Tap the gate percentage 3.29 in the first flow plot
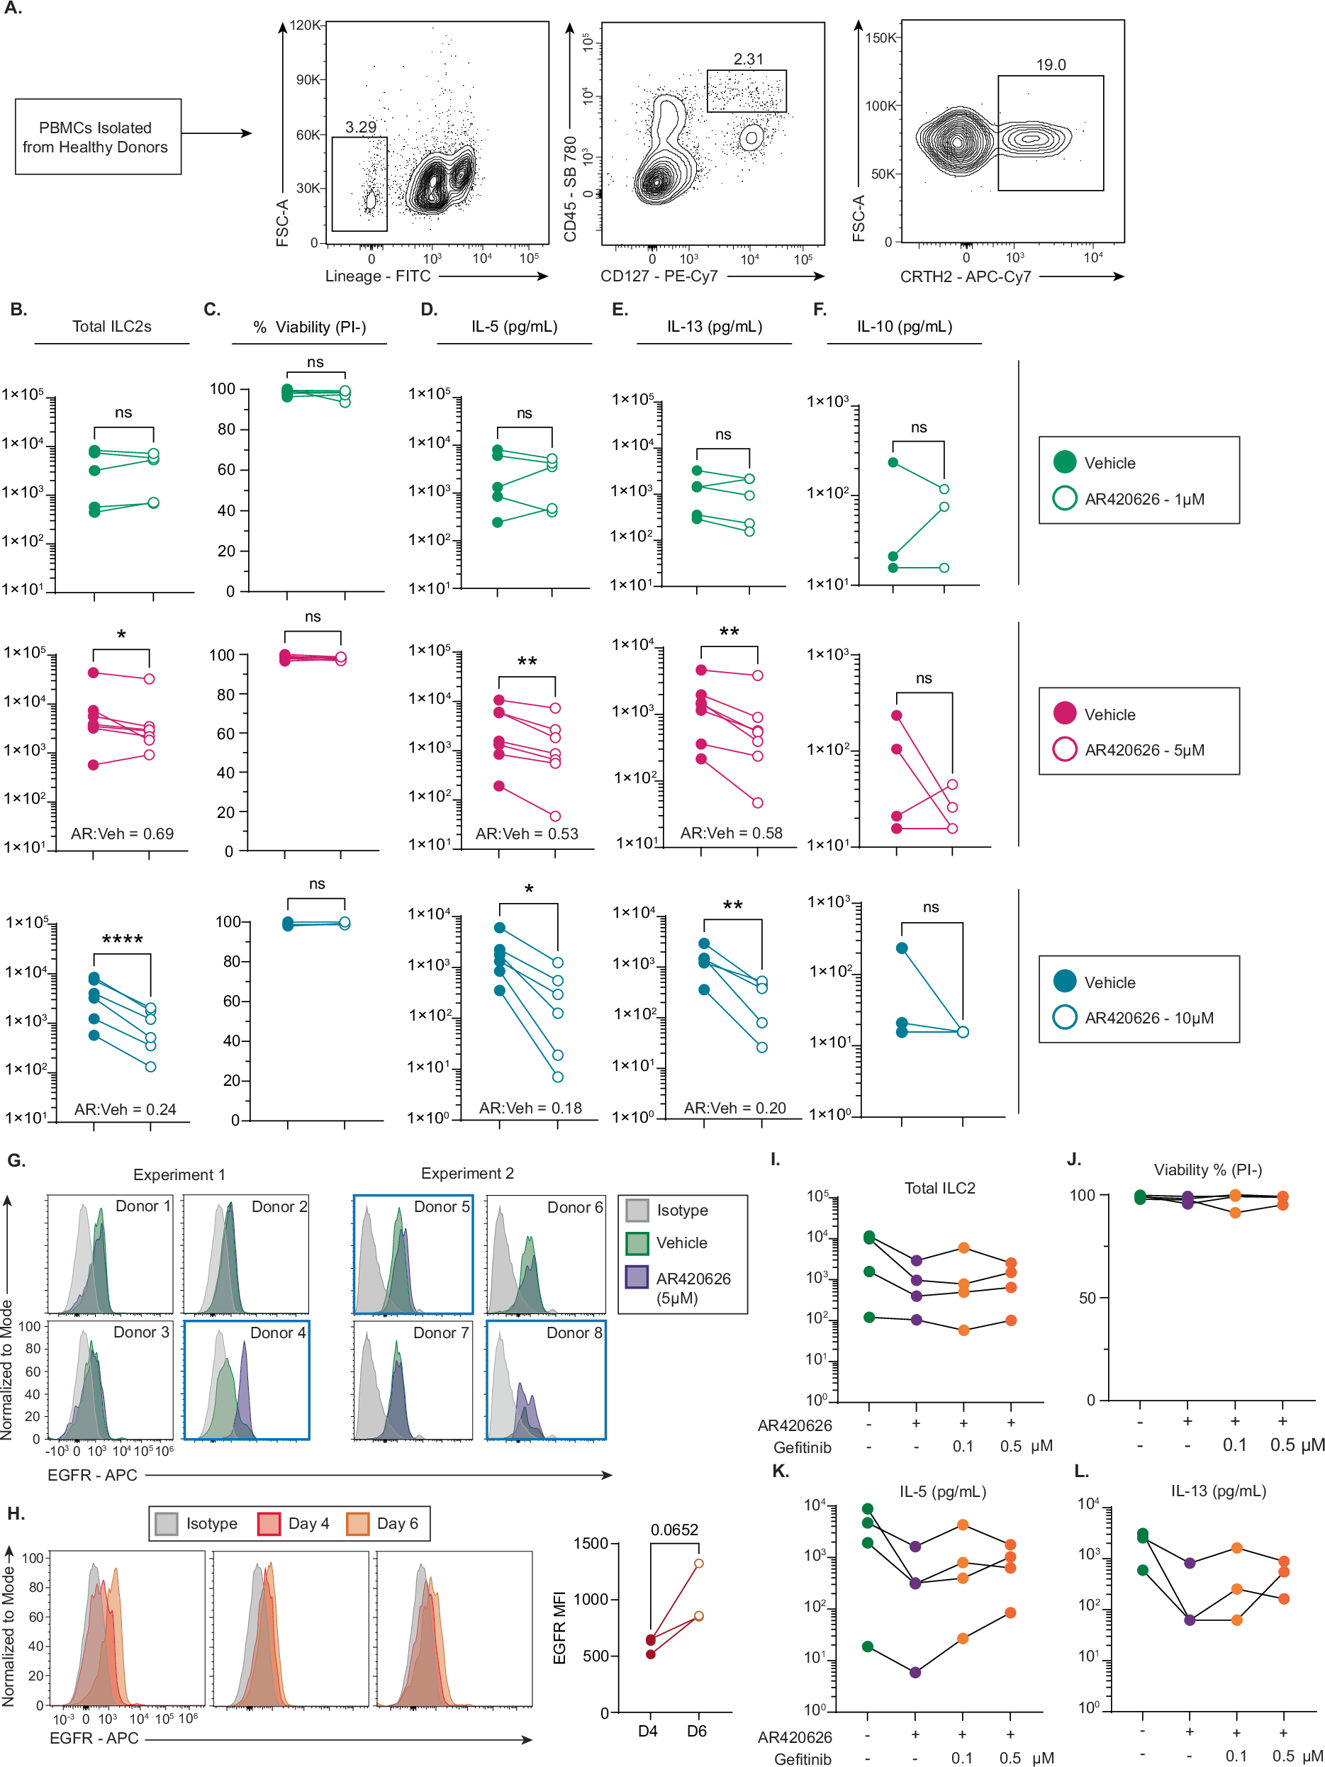point(360,127)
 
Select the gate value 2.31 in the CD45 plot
point(748,59)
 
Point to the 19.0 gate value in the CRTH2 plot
point(1050,64)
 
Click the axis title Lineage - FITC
point(377,276)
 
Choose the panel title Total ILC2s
point(112,326)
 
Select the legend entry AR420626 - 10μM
point(1148,1018)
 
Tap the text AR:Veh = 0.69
point(122,833)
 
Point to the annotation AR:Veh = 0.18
point(530,1108)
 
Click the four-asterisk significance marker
point(122,939)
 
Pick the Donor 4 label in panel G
point(277,1333)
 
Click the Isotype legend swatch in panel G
point(637,1210)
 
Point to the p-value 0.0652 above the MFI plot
point(673,1530)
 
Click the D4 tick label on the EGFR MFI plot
point(648,1731)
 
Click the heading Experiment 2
point(467,1174)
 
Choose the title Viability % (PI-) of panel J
point(1207,1169)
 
